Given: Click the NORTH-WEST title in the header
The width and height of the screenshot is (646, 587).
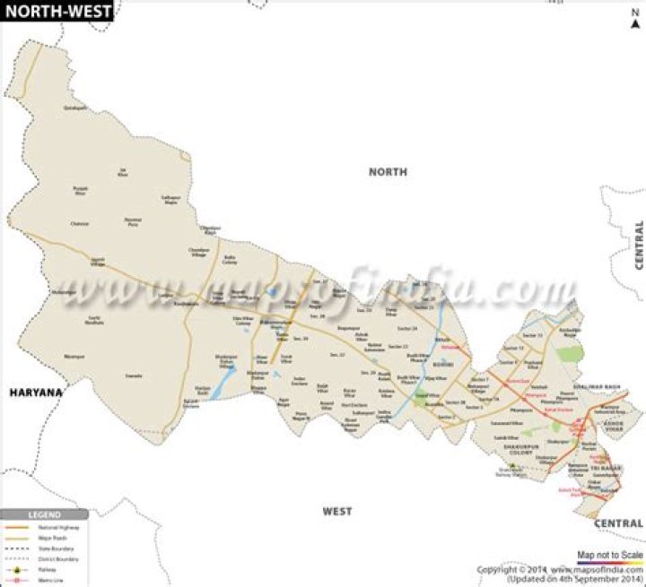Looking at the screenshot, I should pos(57,12).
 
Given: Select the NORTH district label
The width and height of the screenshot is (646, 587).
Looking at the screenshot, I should pos(388,171).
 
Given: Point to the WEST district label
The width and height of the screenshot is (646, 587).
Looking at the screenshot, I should pos(337,511).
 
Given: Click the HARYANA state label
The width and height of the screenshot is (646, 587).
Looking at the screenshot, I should pos(37,393).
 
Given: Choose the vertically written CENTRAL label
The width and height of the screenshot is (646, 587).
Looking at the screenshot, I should pos(639,245).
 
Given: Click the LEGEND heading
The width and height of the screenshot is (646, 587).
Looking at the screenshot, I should pos(42,515).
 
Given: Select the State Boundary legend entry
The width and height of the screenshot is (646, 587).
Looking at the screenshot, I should pos(49,548).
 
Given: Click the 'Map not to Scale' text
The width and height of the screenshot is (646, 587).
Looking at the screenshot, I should pos(610,556).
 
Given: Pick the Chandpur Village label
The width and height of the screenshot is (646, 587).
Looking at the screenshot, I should pos(198,252).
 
